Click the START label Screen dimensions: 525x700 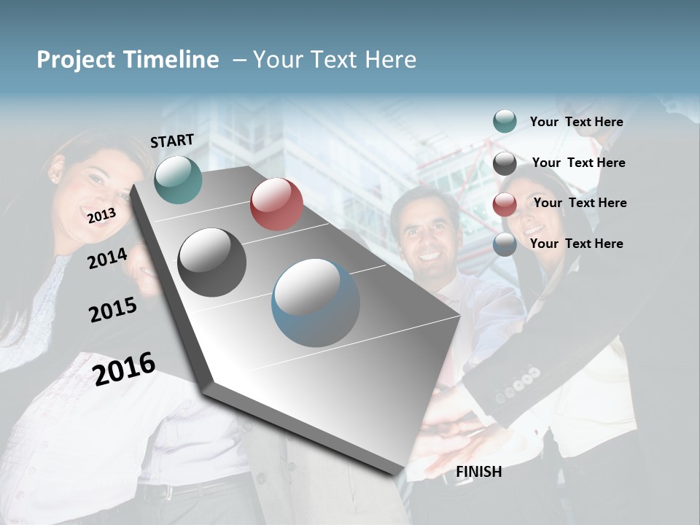(x=172, y=141)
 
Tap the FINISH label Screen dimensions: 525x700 (x=479, y=472)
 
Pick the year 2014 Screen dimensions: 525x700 (x=107, y=258)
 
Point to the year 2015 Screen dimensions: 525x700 (x=113, y=310)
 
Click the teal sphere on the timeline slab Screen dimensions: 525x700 (x=178, y=179)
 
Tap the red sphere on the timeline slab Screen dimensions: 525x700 (x=276, y=204)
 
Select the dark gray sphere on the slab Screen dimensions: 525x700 (x=212, y=262)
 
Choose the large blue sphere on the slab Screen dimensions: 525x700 (x=316, y=303)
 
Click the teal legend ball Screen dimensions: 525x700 (x=505, y=121)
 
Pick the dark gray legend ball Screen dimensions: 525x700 (x=505, y=164)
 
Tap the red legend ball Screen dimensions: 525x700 (x=505, y=205)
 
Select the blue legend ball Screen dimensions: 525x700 (x=505, y=245)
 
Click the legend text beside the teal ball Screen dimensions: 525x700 (x=577, y=122)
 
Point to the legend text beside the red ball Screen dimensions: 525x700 (x=580, y=203)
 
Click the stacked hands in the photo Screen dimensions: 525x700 (x=452, y=430)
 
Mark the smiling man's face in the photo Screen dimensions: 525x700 (x=429, y=237)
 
